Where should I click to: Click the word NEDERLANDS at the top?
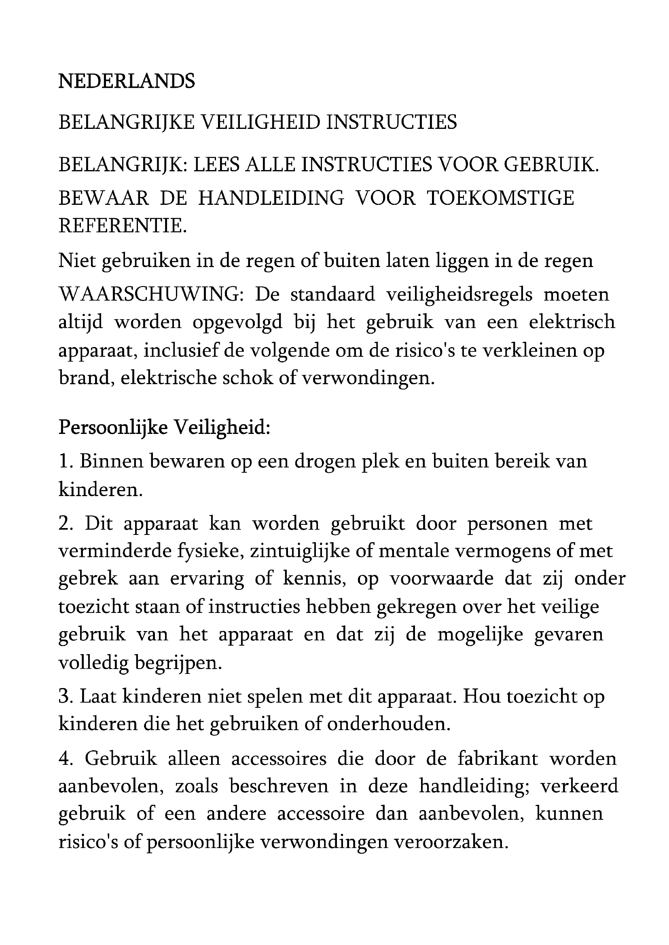(127, 82)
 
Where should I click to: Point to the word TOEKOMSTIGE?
(500, 198)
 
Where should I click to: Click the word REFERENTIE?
(122, 225)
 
